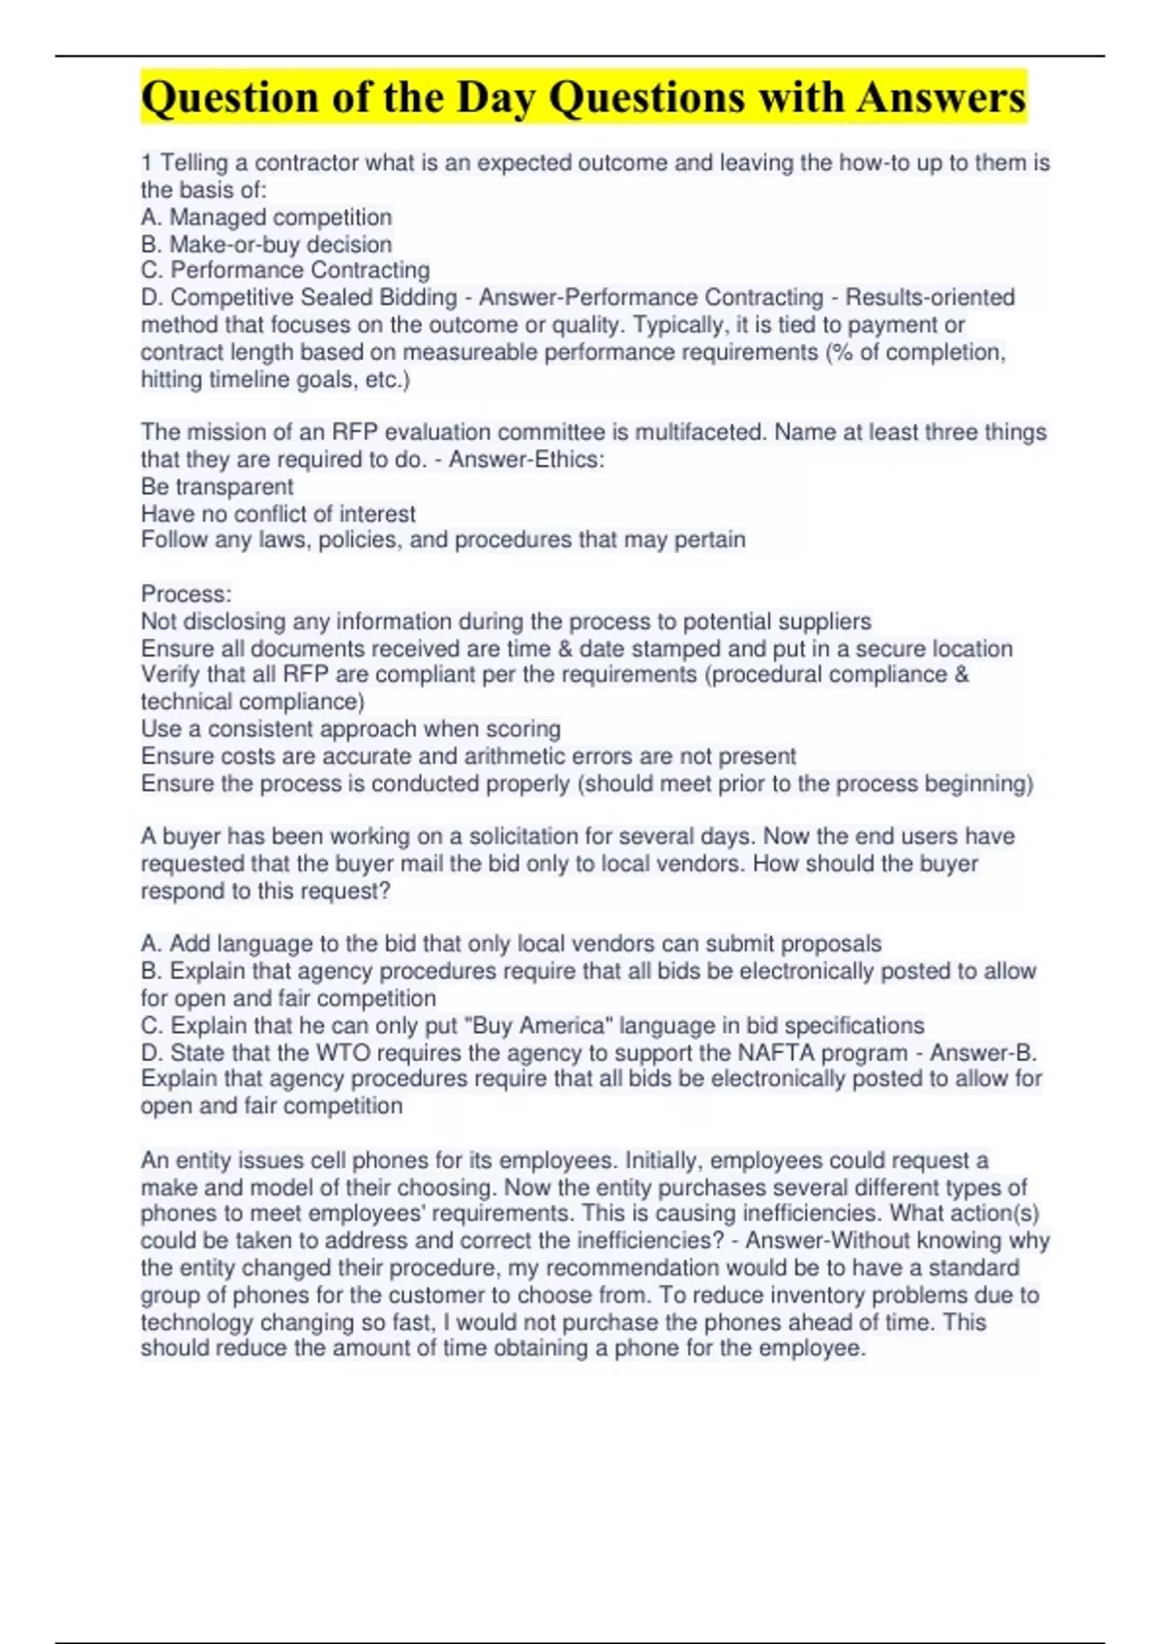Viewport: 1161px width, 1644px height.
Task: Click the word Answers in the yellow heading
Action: [940, 98]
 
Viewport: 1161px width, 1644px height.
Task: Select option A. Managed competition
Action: [266, 218]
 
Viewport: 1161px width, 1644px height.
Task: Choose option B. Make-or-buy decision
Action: [266, 245]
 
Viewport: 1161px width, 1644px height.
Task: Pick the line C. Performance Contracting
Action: [285, 270]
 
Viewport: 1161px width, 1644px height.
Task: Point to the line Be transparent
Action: [217, 486]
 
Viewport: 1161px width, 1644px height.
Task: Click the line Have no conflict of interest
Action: [278, 514]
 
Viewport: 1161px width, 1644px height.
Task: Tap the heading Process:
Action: [186, 594]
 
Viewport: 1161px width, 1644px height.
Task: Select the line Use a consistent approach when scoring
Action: [350, 728]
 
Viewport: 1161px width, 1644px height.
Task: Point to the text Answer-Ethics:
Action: [526, 459]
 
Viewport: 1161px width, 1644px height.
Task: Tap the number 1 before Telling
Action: [146, 163]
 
